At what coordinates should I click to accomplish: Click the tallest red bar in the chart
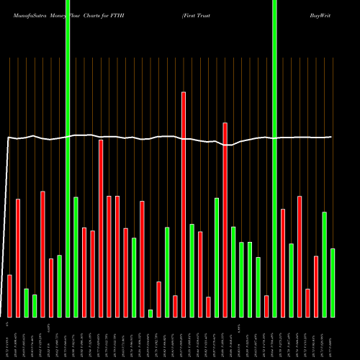click(x=184, y=204)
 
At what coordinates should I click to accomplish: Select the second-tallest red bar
click(x=225, y=220)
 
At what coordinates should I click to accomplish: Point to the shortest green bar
click(x=150, y=313)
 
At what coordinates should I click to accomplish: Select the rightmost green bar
click(x=333, y=282)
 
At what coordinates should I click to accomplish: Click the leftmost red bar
click(x=10, y=296)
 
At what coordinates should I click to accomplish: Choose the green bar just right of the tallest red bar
click(x=192, y=270)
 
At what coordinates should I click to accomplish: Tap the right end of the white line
click(x=332, y=137)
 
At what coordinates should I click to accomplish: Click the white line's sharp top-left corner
click(x=9, y=137)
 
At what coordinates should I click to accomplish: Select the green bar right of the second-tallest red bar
click(x=233, y=271)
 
